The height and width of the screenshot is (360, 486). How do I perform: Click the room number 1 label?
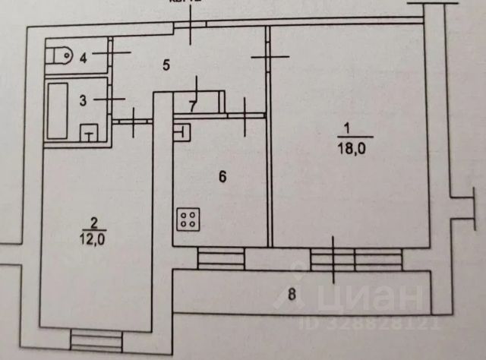pyautogui.click(x=347, y=128)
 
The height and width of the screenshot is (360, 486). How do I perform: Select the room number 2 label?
pyautogui.click(x=94, y=223)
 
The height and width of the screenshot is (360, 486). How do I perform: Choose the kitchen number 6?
pyautogui.click(x=222, y=178)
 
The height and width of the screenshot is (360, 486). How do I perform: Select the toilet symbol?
pyautogui.click(x=58, y=56)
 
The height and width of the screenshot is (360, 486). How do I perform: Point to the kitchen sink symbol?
pyautogui.click(x=183, y=132)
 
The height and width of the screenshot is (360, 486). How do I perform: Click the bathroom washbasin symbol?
pyautogui.click(x=89, y=134)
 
